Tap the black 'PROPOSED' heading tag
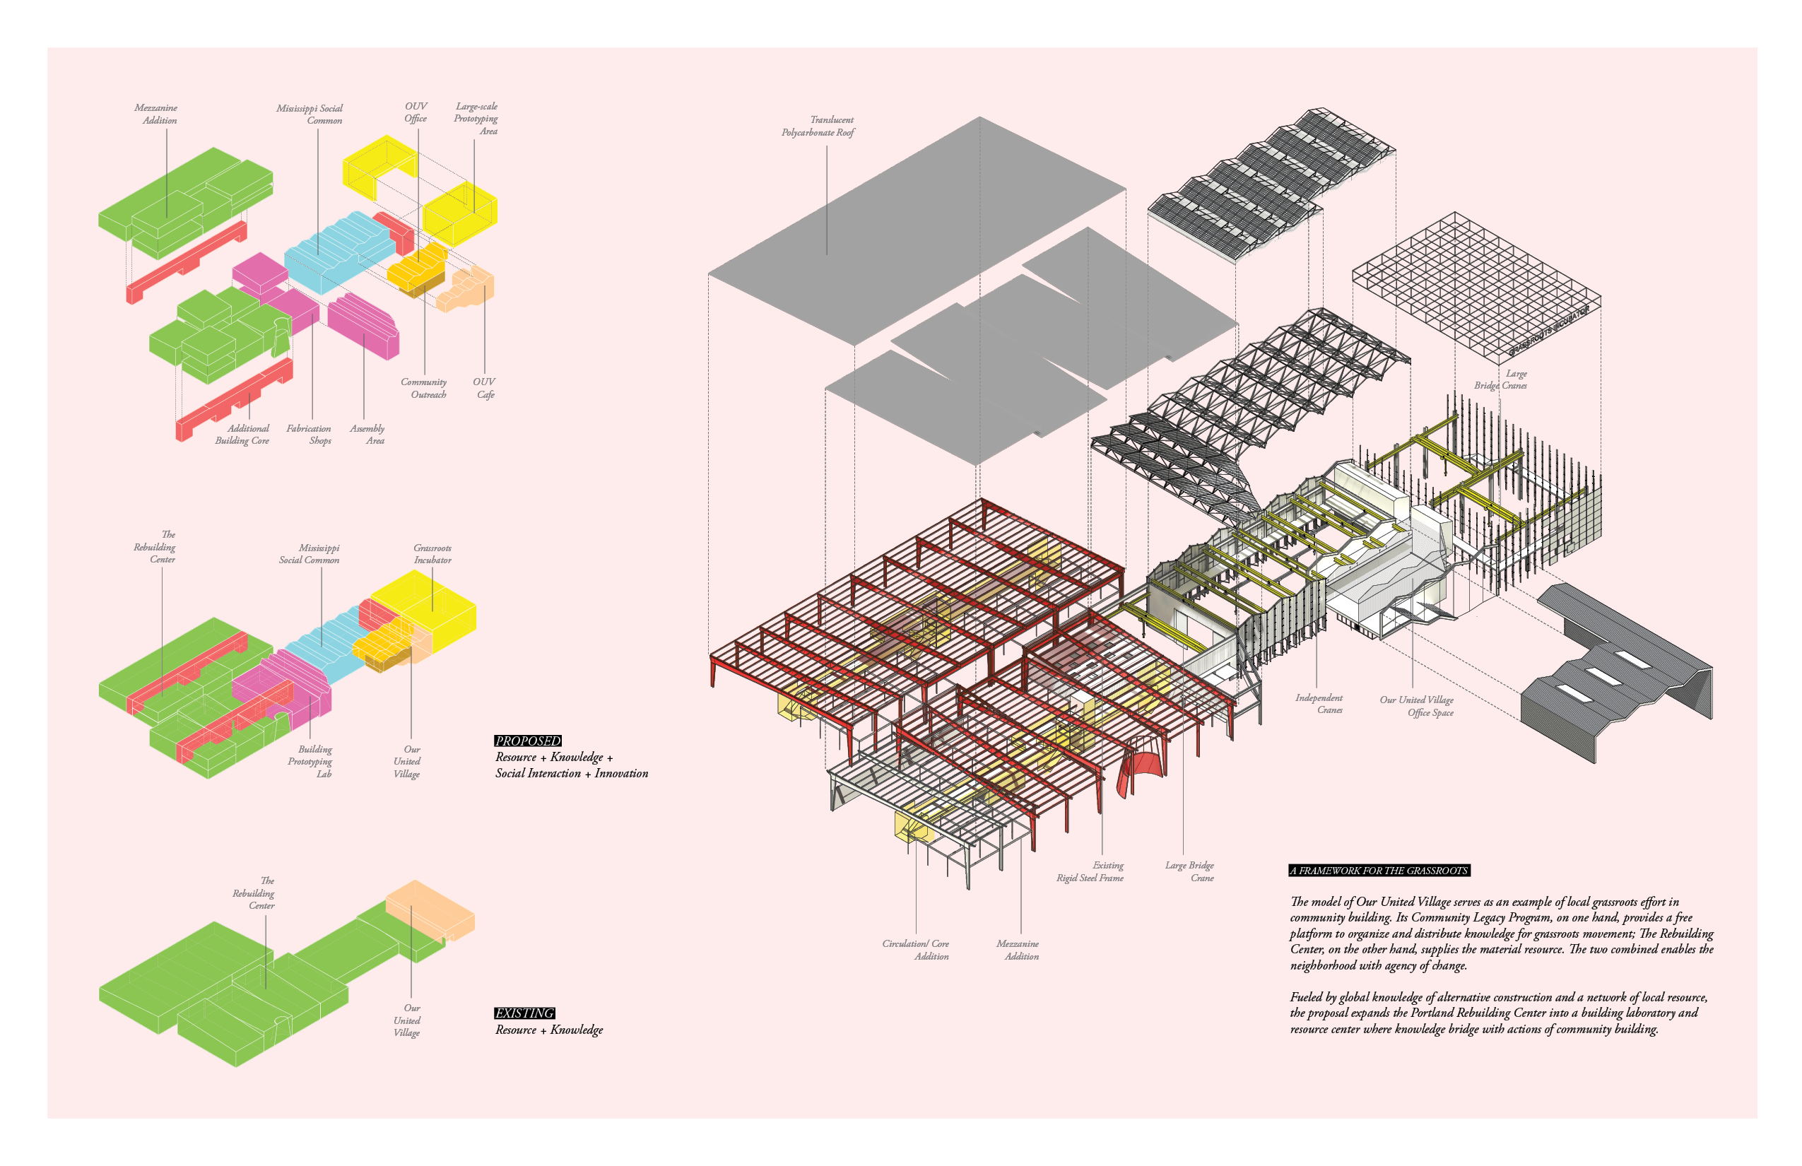pos(528,741)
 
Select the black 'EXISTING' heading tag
pos(524,1013)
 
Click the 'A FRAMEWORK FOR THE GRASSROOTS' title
pos(1379,871)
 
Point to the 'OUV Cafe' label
pos(485,388)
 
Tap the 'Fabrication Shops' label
pos(310,435)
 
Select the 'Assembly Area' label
pos(368,435)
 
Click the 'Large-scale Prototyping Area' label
pos(476,118)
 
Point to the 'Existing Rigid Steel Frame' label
pos(1091,871)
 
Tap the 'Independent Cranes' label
pos(1320,703)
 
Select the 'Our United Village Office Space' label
pos(1418,706)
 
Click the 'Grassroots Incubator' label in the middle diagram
pos(432,553)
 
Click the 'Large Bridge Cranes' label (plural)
pos(1502,379)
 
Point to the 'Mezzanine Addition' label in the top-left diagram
pos(157,114)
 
